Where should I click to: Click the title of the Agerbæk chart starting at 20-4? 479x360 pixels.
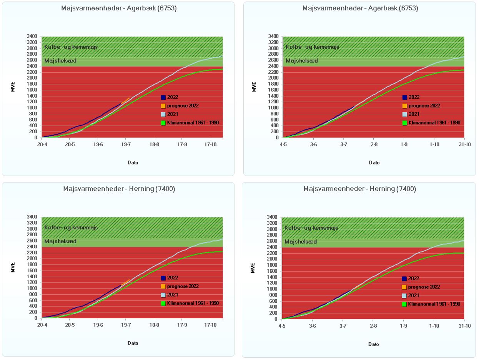point(119,8)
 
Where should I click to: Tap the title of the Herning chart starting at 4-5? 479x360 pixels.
point(359,189)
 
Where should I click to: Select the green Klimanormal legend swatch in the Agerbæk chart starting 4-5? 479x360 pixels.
point(405,123)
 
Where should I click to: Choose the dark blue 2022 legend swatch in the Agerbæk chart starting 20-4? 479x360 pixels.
point(163,97)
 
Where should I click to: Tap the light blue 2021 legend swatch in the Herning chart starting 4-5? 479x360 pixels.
point(404,295)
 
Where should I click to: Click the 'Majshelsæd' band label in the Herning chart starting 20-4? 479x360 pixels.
point(60,241)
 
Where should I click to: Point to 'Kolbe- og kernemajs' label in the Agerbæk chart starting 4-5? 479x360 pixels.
point(312,47)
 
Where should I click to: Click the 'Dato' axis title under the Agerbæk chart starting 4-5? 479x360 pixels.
point(374,163)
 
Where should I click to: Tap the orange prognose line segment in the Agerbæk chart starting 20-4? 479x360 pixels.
point(125,101)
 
